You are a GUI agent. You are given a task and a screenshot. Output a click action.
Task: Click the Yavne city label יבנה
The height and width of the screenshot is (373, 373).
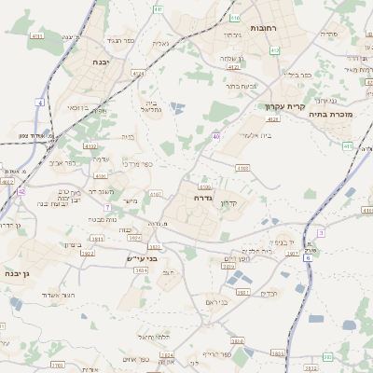100,62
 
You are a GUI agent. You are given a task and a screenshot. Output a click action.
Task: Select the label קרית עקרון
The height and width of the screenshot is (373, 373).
280,106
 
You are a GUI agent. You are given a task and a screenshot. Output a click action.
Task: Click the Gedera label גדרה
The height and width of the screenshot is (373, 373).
204,199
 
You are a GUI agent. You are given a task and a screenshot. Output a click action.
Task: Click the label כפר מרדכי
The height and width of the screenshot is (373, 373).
137,164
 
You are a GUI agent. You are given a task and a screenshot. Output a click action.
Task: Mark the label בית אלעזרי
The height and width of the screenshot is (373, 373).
254,136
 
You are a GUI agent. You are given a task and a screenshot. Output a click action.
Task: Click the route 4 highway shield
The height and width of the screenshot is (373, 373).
40,102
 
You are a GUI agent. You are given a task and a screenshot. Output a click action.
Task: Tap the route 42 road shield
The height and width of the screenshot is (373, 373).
21,191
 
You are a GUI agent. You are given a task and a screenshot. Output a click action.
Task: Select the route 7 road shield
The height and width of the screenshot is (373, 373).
108,206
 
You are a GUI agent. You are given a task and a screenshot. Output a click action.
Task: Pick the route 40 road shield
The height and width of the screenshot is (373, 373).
215,136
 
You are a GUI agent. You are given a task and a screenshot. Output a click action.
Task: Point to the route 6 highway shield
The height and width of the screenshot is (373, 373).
308,269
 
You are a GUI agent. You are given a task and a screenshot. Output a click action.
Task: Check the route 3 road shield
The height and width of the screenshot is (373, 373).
320,232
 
